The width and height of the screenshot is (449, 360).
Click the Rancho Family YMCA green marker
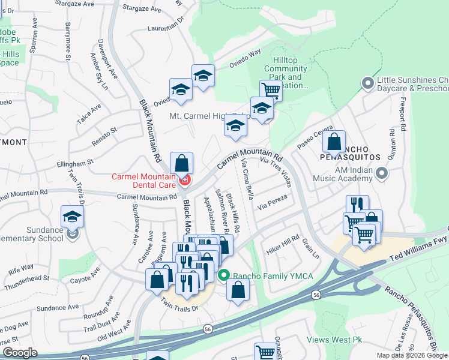pyautogui.click(x=224, y=275)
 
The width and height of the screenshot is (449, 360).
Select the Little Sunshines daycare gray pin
pyautogui.click(x=368, y=83)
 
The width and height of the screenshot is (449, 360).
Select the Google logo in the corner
pyautogui.click(x=20, y=353)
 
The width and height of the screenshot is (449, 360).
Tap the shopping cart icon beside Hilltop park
pyautogui.click(x=271, y=90)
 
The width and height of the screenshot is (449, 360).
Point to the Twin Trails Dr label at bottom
pyautogui.click(x=179, y=307)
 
